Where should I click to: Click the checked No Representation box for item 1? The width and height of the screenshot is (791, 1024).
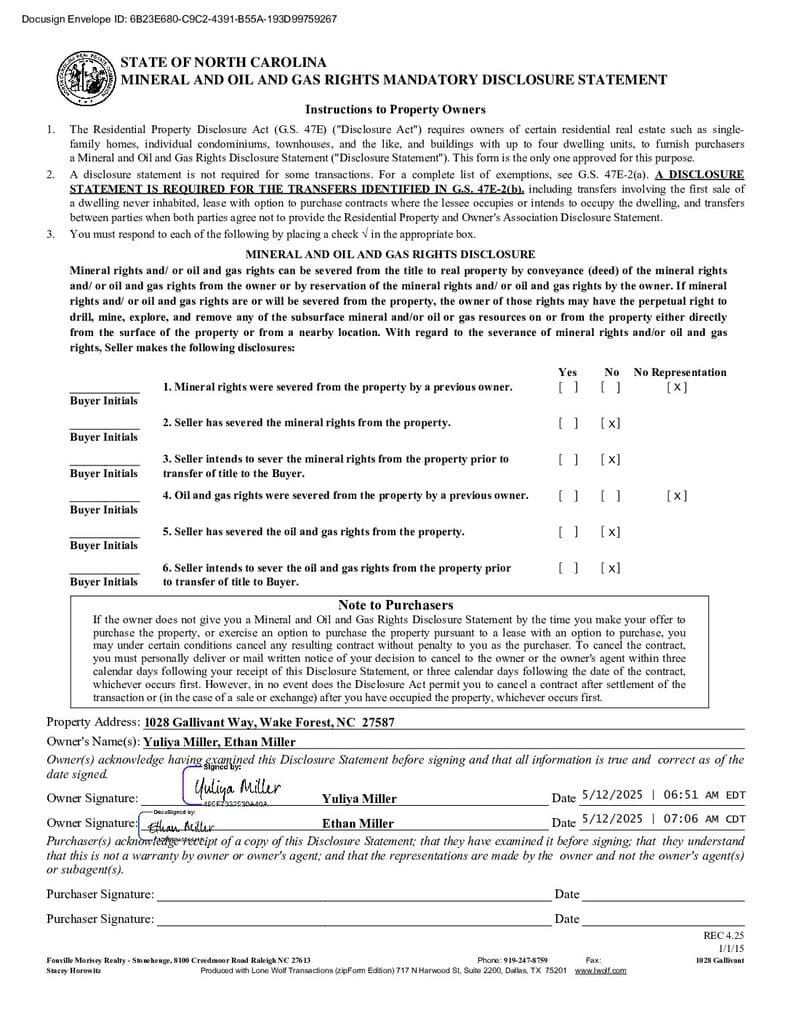tap(676, 387)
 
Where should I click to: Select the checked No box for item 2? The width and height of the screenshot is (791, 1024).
tap(610, 423)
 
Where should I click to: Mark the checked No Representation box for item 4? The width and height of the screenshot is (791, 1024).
tap(676, 495)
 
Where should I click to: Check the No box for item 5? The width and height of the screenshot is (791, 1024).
tap(610, 531)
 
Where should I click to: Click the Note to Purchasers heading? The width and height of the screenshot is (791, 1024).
tap(395, 605)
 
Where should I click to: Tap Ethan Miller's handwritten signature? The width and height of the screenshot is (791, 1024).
tap(180, 826)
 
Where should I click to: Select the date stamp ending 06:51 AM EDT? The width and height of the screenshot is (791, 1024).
tap(662, 795)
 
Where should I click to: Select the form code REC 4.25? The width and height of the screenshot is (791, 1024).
tap(724, 935)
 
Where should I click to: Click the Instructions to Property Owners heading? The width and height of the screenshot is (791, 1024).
tap(395, 109)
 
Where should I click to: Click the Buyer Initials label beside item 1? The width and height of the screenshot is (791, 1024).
tap(104, 400)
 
